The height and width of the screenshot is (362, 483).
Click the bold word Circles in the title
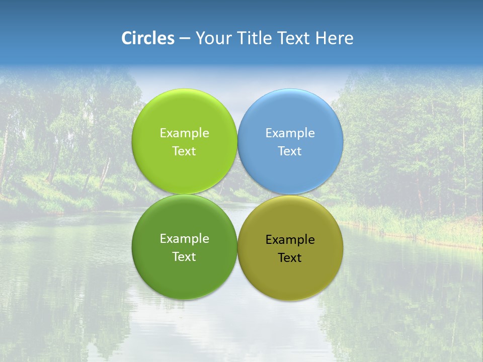[x=148, y=38]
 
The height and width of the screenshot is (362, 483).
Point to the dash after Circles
[x=185, y=39]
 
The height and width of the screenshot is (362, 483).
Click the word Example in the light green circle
[x=184, y=133]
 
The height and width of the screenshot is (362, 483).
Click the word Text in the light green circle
[x=184, y=151]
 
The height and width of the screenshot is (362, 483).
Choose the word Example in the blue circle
[x=290, y=133]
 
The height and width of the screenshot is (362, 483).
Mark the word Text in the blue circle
[x=290, y=151]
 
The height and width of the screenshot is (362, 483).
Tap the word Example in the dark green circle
[x=184, y=239]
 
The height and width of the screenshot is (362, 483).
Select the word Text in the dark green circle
[x=184, y=257]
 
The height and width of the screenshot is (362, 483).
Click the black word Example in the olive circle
[x=290, y=240]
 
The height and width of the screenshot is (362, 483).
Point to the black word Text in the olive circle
[x=290, y=258]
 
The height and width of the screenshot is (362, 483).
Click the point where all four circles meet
[x=237, y=195]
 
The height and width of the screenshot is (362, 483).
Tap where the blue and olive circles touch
[x=290, y=195]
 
